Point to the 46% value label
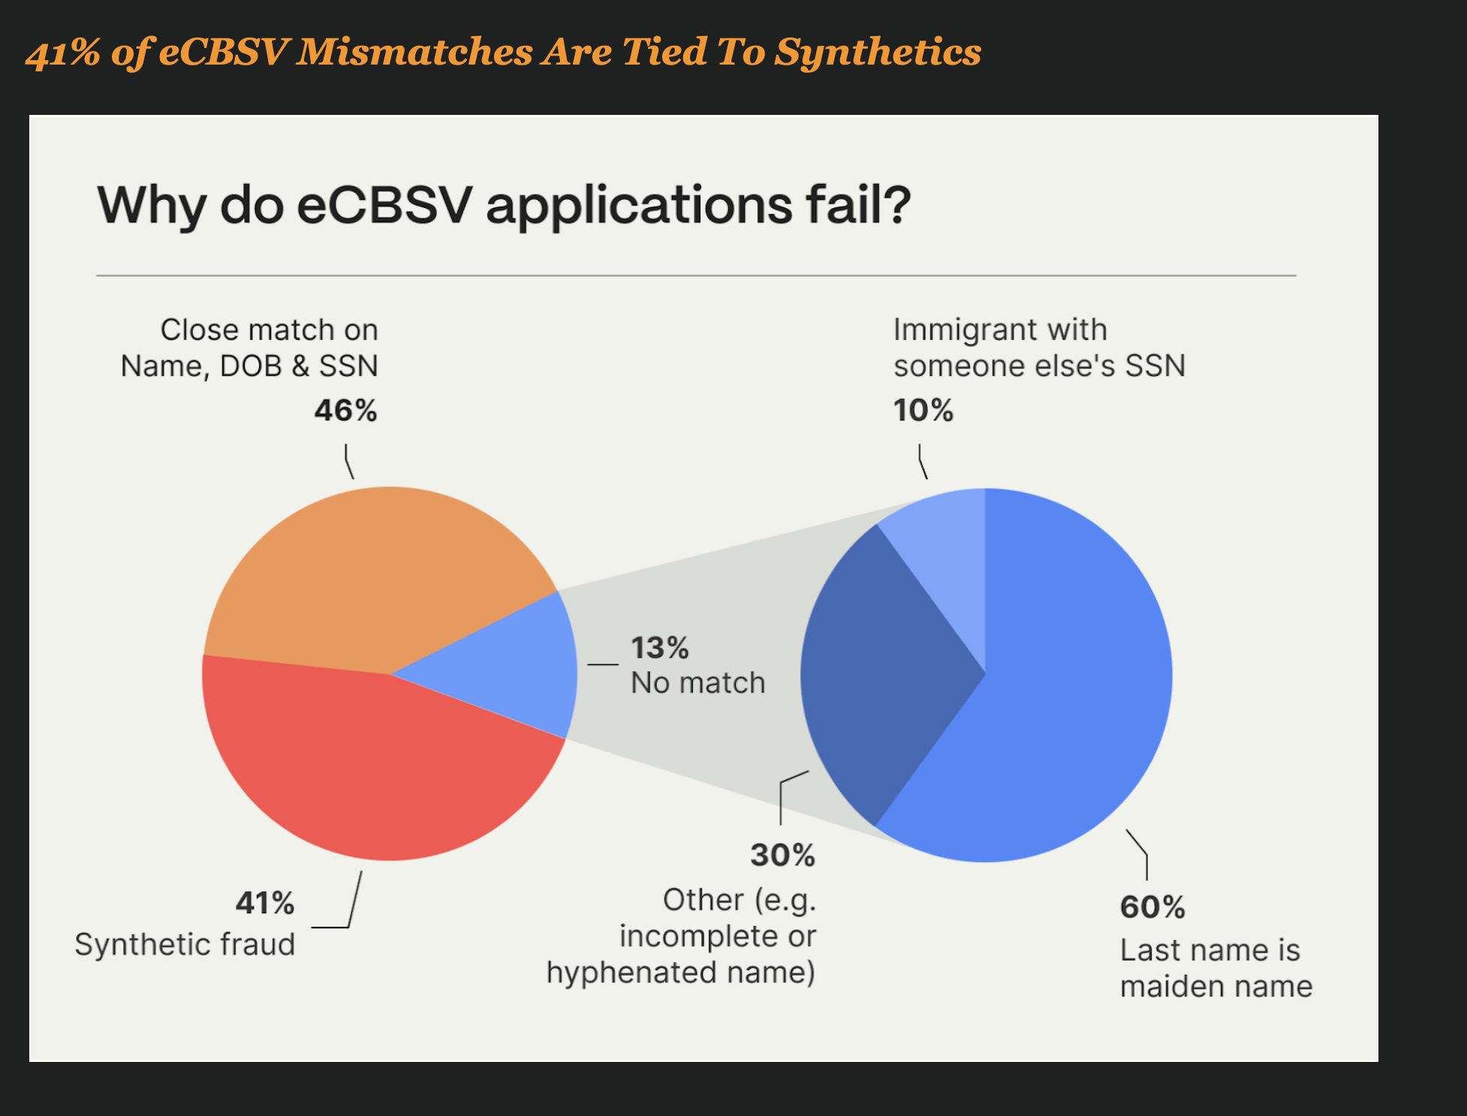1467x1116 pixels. pyautogui.click(x=345, y=411)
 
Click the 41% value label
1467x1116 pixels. pyautogui.click(x=265, y=903)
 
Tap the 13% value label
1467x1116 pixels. pyautogui.click(x=659, y=648)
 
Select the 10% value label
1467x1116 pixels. pyautogui.click(x=923, y=411)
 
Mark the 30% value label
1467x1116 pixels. pyautogui.click(x=782, y=855)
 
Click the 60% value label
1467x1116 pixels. pyautogui.click(x=1152, y=908)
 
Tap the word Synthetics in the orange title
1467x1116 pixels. pyautogui.click(x=878, y=53)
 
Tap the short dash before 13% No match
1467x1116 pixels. pyautogui.click(x=602, y=665)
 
